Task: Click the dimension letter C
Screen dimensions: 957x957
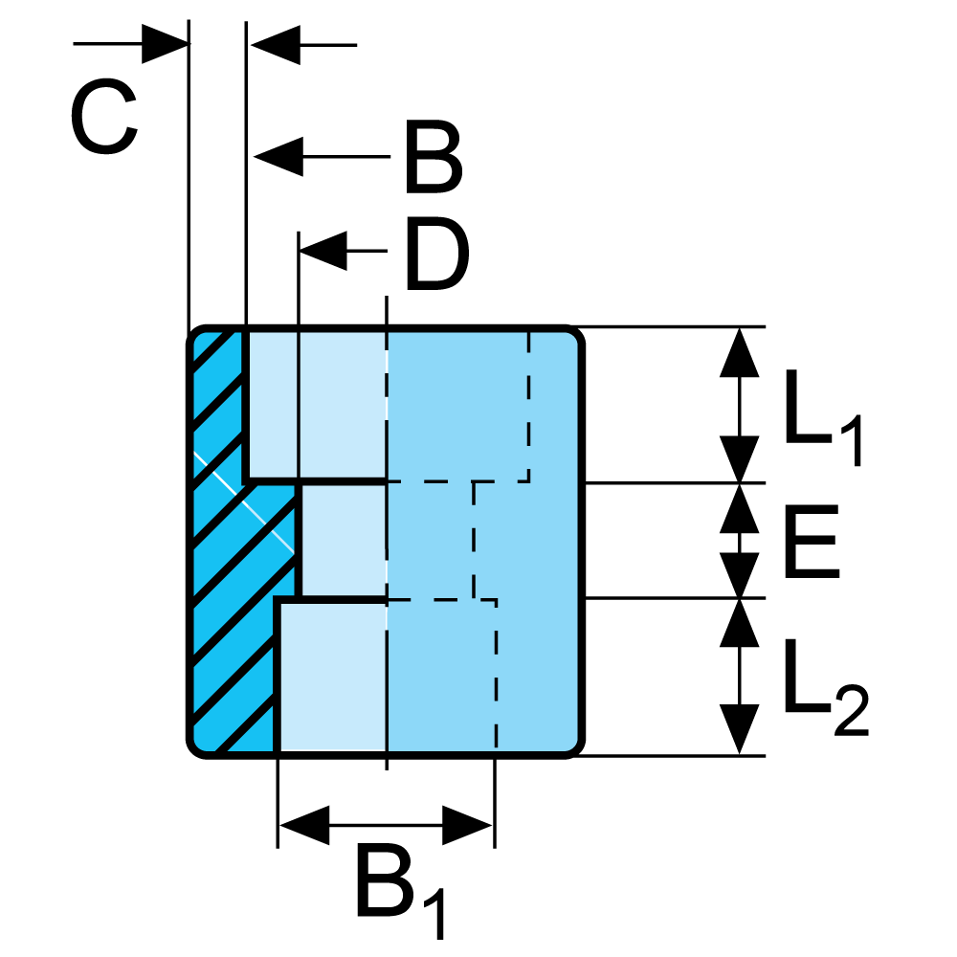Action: (x=105, y=122)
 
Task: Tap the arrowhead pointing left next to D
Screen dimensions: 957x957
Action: (x=323, y=251)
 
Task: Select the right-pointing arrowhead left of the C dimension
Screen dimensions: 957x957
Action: (x=164, y=44)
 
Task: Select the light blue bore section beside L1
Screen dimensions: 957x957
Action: (x=316, y=402)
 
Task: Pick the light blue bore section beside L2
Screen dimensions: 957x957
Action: (x=330, y=675)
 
